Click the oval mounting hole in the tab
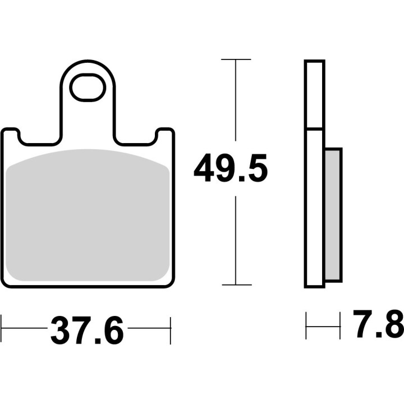click(87, 88)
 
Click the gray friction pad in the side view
click(333, 215)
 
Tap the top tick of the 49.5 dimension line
click(236, 59)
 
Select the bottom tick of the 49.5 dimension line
click(236, 285)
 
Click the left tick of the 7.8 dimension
click(306, 326)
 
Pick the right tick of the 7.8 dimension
click(340, 326)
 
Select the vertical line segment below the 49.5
click(236, 238)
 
